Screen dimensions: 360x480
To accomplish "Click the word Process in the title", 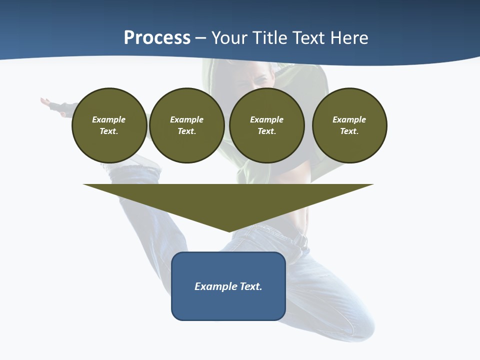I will pyautogui.click(x=157, y=38).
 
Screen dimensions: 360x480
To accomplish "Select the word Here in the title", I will pyautogui.click(x=349, y=38).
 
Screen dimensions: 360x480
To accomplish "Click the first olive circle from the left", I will pyautogui.click(x=109, y=125).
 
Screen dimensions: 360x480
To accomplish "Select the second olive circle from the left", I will pyautogui.click(x=186, y=125).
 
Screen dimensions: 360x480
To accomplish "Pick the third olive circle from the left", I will pyautogui.click(x=266, y=125).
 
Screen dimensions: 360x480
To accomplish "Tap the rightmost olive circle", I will pyautogui.click(x=349, y=125).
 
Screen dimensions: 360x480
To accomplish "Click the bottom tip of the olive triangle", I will pyautogui.click(x=229, y=231).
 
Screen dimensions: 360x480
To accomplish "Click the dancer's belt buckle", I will pyautogui.click(x=301, y=240).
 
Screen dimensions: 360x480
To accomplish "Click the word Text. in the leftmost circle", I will pyautogui.click(x=109, y=131).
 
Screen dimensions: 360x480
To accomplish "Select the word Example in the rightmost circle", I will pyautogui.click(x=349, y=119).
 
